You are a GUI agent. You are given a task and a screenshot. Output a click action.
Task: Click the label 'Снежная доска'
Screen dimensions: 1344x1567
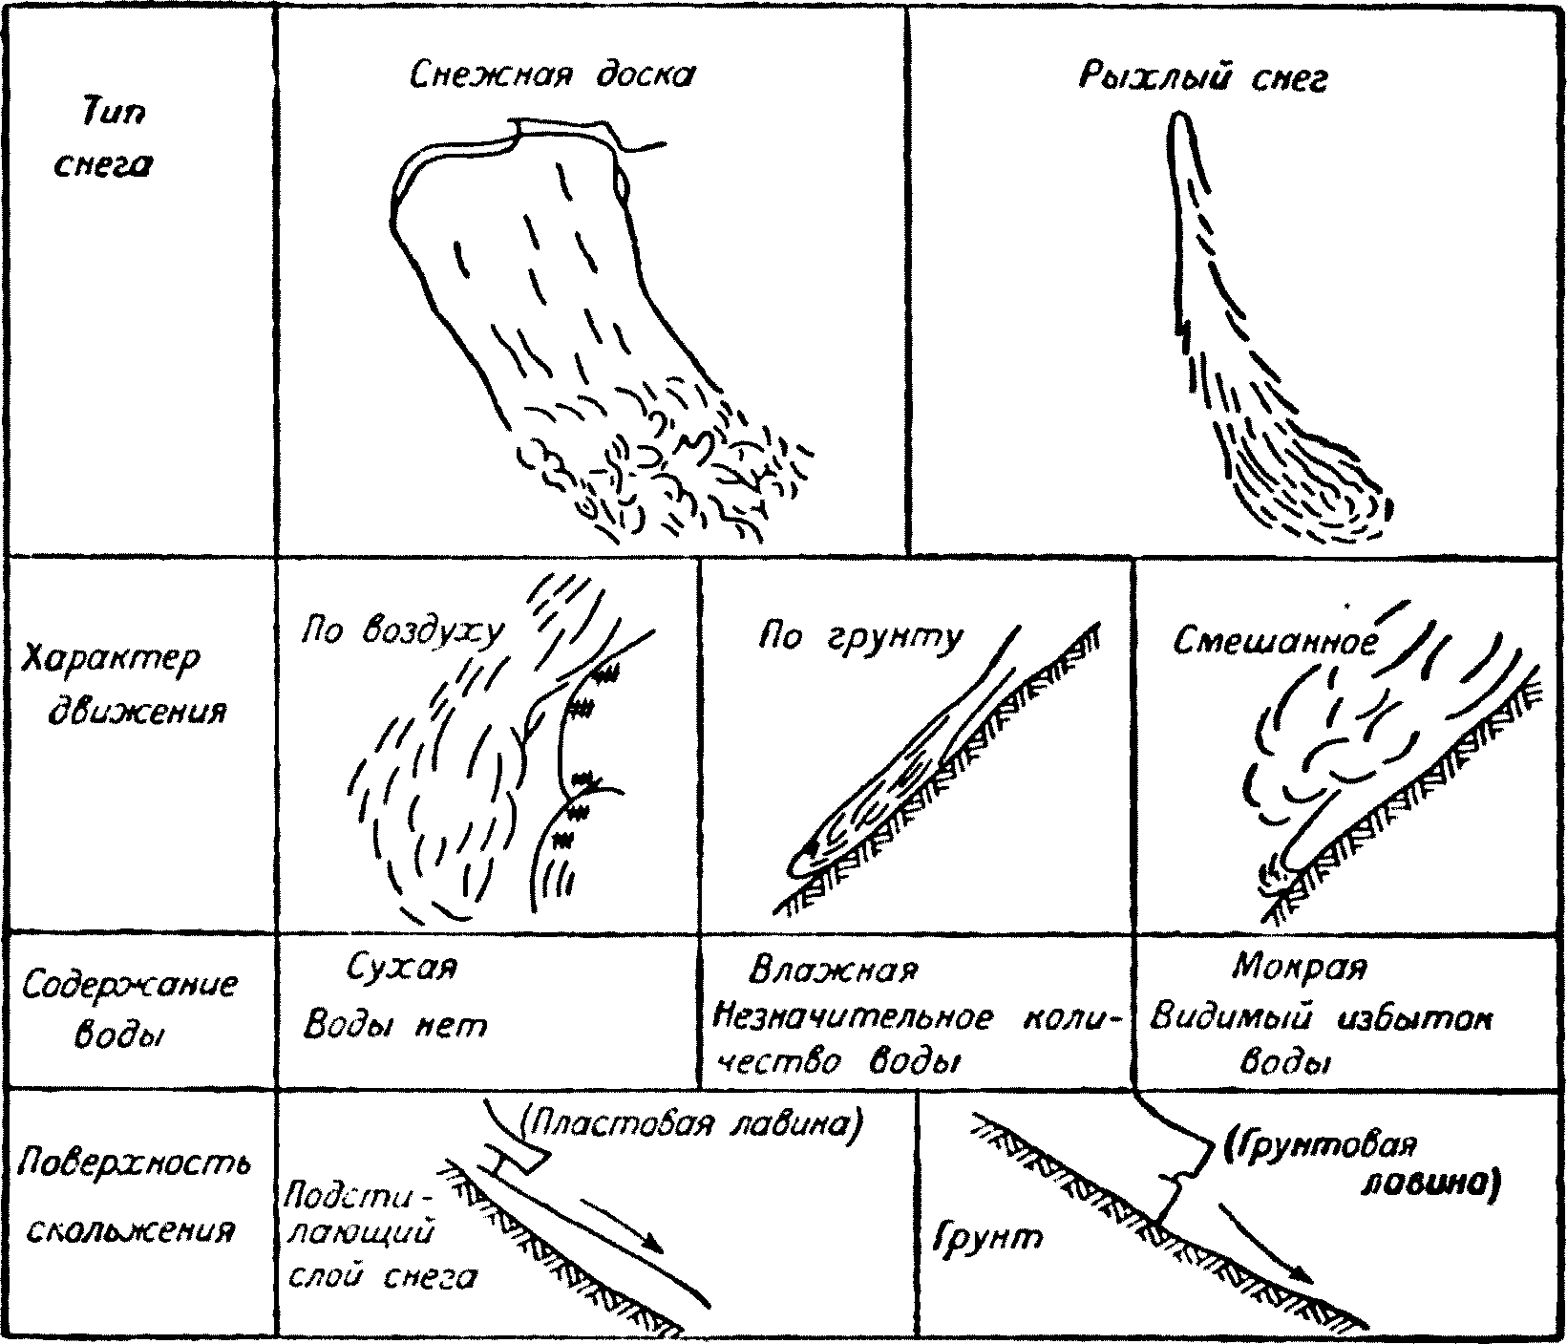tap(552, 75)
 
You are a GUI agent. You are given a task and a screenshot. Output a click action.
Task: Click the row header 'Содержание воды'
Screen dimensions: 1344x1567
tap(129, 1009)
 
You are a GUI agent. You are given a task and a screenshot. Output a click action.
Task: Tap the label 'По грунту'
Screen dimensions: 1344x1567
tap(860, 637)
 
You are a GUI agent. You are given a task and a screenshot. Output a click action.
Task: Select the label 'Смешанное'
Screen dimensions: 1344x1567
tap(1276, 642)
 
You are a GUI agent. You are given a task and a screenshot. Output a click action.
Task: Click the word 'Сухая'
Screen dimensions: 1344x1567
tap(401, 968)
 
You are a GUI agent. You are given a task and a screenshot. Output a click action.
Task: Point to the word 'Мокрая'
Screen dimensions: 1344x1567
tap(1299, 968)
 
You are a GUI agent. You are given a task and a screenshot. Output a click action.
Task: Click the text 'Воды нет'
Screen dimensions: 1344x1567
tap(394, 1025)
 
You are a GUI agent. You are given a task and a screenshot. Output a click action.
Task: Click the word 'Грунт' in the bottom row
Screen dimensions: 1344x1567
tap(986, 1239)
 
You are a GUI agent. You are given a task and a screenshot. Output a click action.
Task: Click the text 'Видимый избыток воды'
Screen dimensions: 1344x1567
tap(1320, 1039)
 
